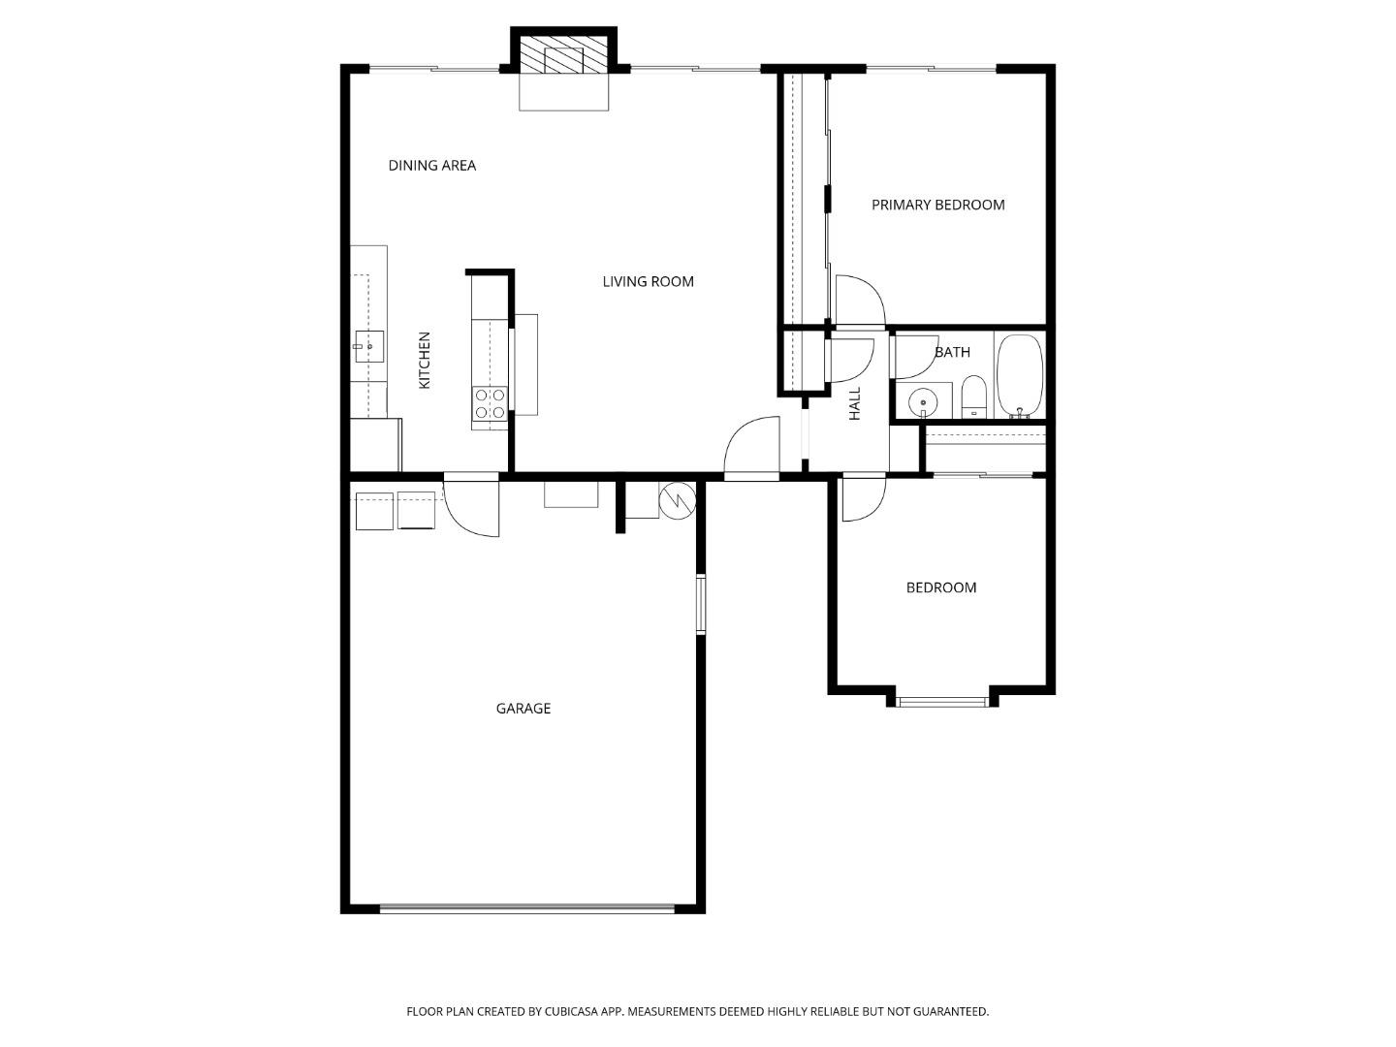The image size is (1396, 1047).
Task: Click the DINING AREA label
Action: pyautogui.click(x=431, y=166)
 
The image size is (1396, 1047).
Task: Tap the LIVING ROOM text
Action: pyautogui.click(x=648, y=282)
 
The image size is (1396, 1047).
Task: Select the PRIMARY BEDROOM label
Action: pyautogui.click(x=937, y=205)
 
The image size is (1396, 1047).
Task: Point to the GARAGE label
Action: pyautogui.click(x=523, y=709)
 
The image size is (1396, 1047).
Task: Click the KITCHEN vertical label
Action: pyautogui.click(x=425, y=361)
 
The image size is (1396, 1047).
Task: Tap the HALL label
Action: pyautogui.click(x=855, y=403)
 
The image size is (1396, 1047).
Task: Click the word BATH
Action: pyautogui.click(x=952, y=352)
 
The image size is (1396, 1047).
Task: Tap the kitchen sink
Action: pyautogui.click(x=368, y=346)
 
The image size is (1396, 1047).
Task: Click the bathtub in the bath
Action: pyautogui.click(x=1019, y=375)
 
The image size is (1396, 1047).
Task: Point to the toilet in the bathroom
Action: pyautogui.click(x=973, y=397)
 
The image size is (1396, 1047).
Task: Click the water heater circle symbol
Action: pyautogui.click(x=677, y=500)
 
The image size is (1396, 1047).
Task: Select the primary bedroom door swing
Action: pyautogui.click(x=860, y=301)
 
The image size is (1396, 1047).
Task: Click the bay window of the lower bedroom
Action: pyautogui.click(x=942, y=701)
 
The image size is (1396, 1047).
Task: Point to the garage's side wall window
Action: pyautogui.click(x=700, y=604)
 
